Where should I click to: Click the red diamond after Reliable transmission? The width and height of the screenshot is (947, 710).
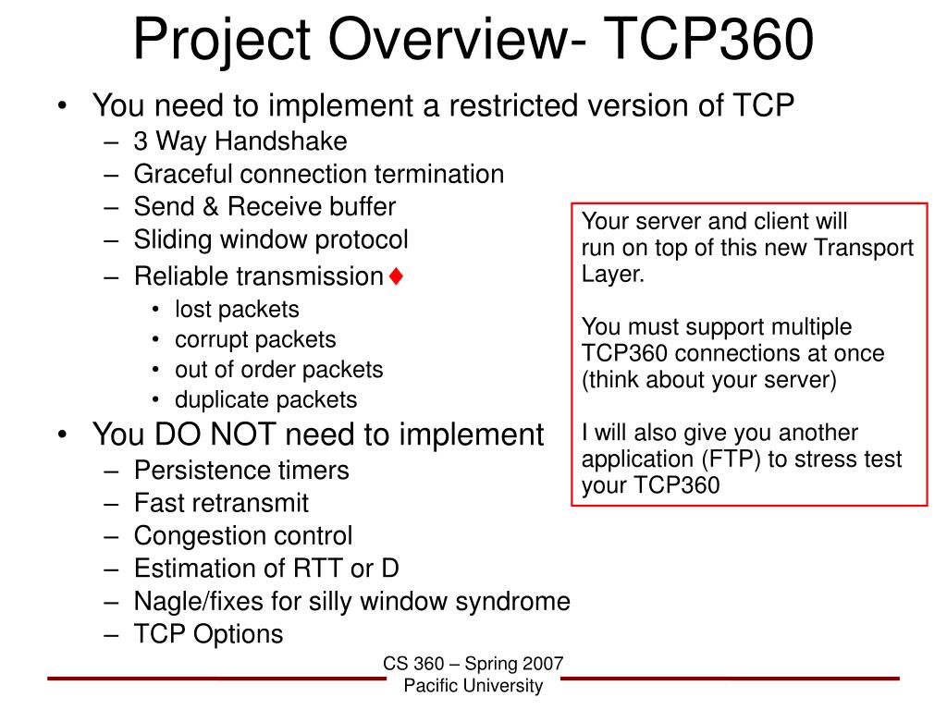tap(396, 276)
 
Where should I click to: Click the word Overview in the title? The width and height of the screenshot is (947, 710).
tap(457, 39)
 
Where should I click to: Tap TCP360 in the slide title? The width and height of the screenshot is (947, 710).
tap(708, 39)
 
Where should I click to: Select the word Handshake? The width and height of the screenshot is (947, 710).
tap(281, 141)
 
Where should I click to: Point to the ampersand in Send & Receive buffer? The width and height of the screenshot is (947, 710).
tap(210, 206)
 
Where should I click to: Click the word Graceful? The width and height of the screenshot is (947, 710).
tap(184, 175)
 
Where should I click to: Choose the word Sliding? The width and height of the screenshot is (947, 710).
tap(173, 239)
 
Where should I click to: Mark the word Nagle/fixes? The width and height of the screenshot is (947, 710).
tap(199, 601)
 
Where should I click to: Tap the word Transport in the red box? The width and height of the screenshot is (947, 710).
tap(864, 248)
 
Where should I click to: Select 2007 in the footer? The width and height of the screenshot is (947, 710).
tap(544, 664)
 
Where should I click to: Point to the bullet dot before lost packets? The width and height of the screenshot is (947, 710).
tap(155, 310)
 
